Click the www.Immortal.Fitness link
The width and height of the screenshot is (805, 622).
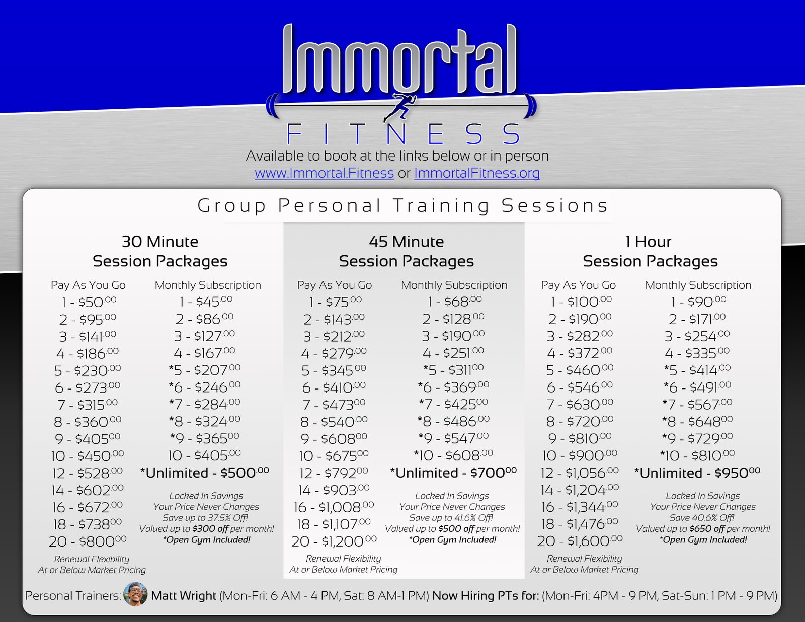point(324,173)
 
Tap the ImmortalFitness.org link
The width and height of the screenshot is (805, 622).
point(477,173)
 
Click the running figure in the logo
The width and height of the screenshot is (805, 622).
point(399,107)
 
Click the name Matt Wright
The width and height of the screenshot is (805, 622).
point(184,596)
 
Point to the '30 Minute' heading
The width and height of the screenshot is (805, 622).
point(160,242)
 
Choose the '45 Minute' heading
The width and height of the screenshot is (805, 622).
point(407,242)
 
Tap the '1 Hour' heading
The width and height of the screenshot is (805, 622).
point(649,242)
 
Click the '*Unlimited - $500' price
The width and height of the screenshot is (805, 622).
point(204,473)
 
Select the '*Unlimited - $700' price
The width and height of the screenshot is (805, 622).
point(453,473)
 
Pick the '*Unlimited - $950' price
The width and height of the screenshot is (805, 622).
point(697,473)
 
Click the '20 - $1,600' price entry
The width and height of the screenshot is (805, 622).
point(580,541)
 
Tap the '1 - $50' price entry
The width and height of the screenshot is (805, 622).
point(89,302)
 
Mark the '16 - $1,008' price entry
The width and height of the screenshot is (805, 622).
point(334,507)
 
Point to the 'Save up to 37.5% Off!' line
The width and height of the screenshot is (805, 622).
point(206,517)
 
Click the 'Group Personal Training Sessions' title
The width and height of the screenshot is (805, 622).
point(403,206)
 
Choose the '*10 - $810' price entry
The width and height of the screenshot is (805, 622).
point(697,455)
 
